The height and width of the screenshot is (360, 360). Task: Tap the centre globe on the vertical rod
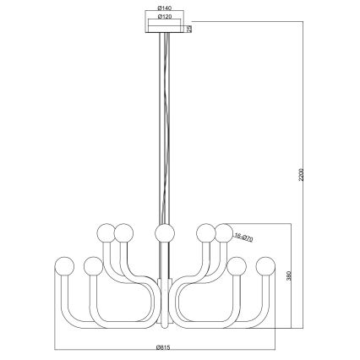tap(164, 232)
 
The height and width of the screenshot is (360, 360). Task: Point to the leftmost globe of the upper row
tap(106, 231)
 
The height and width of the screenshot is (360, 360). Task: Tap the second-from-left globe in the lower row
tap(92, 267)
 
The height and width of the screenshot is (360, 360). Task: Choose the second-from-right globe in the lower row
tap(238, 267)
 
